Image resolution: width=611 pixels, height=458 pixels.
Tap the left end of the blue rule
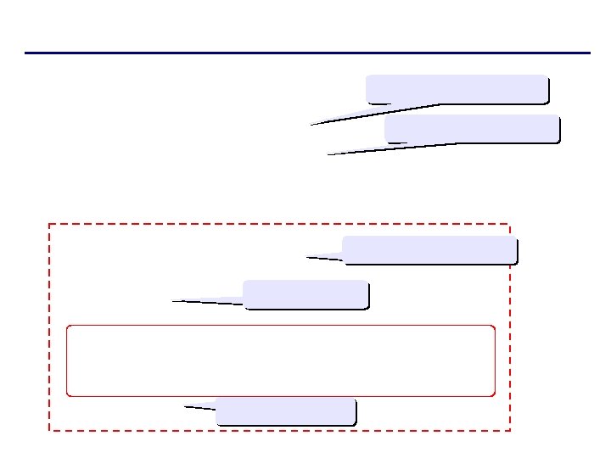(26, 53)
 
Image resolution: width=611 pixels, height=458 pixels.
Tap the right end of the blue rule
(588, 53)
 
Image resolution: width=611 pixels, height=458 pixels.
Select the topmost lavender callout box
(457, 89)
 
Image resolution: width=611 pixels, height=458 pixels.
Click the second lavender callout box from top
(472, 128)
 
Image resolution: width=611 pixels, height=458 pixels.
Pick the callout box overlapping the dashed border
(429, 250)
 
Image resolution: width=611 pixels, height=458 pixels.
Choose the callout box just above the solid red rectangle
(305, 294)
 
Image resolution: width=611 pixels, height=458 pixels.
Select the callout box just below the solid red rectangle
(286, 411)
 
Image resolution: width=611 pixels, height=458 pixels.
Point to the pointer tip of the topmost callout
(311, 125)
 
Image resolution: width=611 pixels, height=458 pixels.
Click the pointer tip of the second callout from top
(328, 154)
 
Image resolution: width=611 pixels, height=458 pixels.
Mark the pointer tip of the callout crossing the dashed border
(307, 256)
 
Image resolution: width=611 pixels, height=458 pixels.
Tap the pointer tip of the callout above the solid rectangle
(172, 300)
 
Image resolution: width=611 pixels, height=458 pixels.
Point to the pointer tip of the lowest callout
(185, 407)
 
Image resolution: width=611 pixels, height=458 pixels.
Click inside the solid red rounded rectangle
(280, 360)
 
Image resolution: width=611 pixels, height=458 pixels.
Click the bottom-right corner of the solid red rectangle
(494, 395)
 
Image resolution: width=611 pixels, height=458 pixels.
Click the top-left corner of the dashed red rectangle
(49, 224)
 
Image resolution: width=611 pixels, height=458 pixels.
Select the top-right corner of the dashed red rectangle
(510, 224)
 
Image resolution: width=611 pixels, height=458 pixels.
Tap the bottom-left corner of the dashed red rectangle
(49, 431)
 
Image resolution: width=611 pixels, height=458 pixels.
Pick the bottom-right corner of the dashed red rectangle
(510, 431)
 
